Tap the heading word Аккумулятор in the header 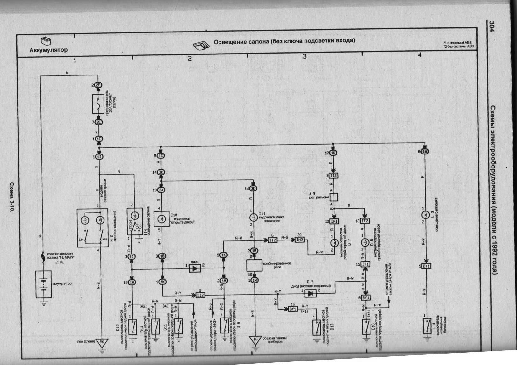48,50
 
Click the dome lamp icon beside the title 201,45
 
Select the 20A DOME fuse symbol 98,104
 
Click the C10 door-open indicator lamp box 162,219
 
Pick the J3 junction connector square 334,197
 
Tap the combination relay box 254,265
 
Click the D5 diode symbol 310,293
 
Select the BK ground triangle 102,342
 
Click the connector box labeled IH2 299,240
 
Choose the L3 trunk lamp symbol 425,214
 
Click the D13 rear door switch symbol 317,327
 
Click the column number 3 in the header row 305,56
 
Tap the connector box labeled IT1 365,264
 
